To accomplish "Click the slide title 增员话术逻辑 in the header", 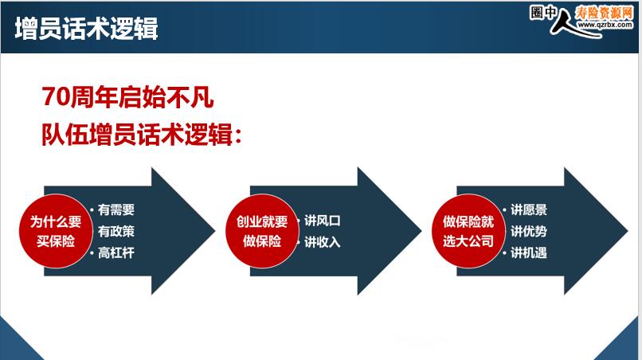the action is pyautogui.click(x=86, y=28).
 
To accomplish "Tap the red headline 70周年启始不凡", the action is pyautogui.click(x=127, y=97).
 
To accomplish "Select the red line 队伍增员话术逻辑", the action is pyautogui.click(x=141, y=135).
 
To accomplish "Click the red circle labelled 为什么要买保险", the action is pyautogui.click(x=56, y=231).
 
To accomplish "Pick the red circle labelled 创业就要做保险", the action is pyautogui.click(x=262, y=231).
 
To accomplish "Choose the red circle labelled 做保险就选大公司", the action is pyautogui.click(x=469, y=231).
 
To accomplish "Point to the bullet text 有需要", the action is pyautogui.click(x=116, y=209).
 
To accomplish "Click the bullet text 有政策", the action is pyautogui.click(x=116, y=232).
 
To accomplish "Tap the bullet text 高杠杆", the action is pyautogui.click(x=116, y=252).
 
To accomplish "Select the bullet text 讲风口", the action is pyautogui.click(x=323, y=221).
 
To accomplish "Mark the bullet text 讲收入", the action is pyautogui.click(x=323, y=242).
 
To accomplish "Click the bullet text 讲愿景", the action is pyautogui.click(x=529, y=209).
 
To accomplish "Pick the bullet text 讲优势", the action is pyautogui.click(x=529, y=232).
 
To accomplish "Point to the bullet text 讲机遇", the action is pyautogui.click(x=529, y=252).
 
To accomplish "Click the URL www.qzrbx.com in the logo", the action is pyautogui.click(x=605, y=25).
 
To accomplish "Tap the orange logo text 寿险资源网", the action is pyautogui.click(x=605, y=13).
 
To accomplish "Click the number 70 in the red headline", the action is pyautogui.click(x=56, y=97).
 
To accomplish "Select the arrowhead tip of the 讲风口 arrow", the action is pyautogui.click(x=421, y=231).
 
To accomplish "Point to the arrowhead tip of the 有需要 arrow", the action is pyautogui.click(x=215, y=231).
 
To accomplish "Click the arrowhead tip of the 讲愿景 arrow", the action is pyautogui.click(x=628, y=231).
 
